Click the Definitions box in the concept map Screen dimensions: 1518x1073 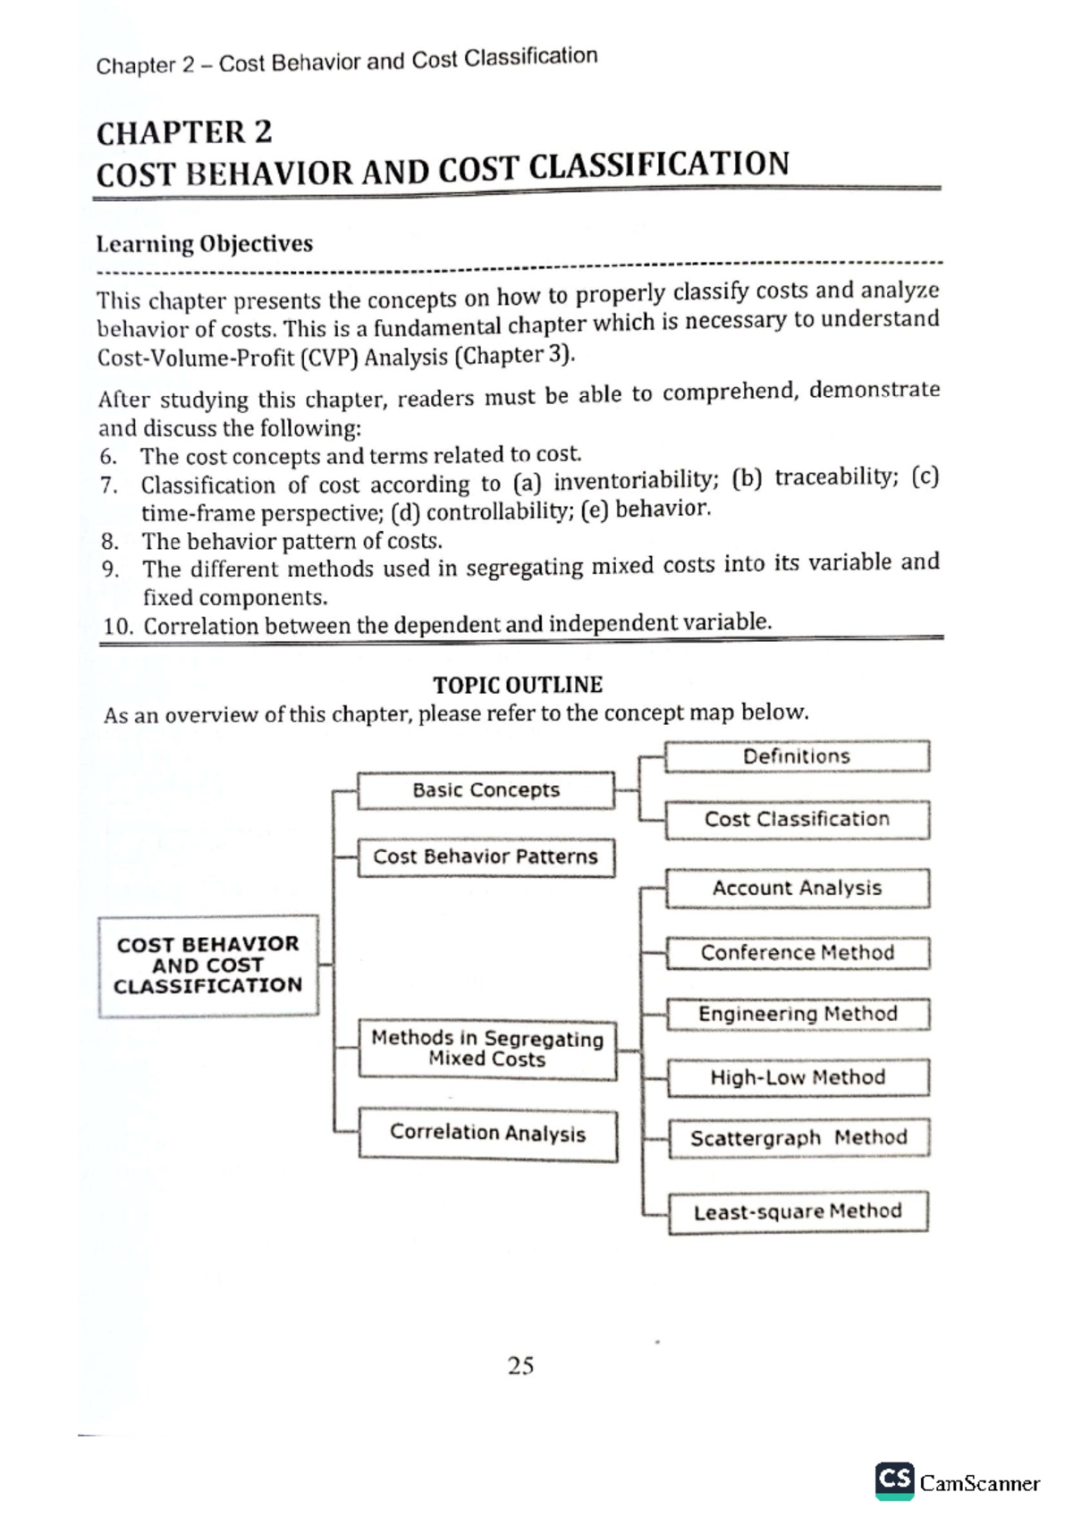pyautogui.click(x=797, y=756)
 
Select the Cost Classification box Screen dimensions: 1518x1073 pyautogui.click(x=797, y=819)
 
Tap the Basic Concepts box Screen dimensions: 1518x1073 pyautogui.click(x=486, y=790)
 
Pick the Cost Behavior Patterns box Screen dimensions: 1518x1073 pyautogui.click(x=486, y=856)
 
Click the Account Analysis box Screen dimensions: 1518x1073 pyautogui.click(x=797, y=888)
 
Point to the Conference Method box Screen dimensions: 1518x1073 pyautogui.click(x=797, y=952)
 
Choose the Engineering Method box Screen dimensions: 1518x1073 pyautogui.click(x=798, y=1014)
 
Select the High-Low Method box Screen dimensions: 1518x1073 pyautogui.click(x=798, y=1077)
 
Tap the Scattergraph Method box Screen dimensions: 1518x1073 pyautogui.click(x=798, y=1137)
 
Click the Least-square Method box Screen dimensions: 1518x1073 pyautogui.click(x=798, y=1211)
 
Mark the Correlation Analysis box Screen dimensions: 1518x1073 pyautogui.click(x=488, y=1134)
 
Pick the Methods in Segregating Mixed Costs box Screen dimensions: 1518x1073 pyautogui.click(x=487, y=1049)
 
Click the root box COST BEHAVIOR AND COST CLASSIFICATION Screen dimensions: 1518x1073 pyautogui.click(x=207, y=965)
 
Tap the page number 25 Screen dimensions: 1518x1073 pyautogui.click(x=520, y=1365)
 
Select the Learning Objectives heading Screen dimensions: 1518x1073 pyautogui.click(x=205, y=244)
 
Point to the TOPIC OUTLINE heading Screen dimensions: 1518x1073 pyautogui.click(x=518, y=685)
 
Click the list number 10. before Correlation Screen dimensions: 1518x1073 pyautogui.click(x=118, y=626)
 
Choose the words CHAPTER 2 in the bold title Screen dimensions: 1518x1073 pyautogui.click(x=184, y=133)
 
